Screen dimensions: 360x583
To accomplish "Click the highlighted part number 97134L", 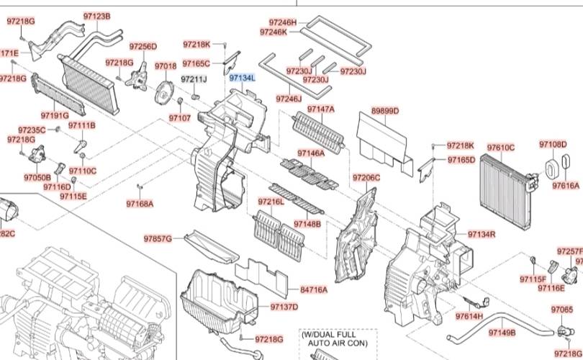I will point(242,76).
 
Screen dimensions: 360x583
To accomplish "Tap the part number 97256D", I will point(143,47).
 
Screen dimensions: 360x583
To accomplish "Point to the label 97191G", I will point(55,115).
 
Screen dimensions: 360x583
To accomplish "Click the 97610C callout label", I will point(501,148).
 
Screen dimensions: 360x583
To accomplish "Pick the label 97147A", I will point(321,109).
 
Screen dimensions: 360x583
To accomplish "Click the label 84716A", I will point(313,290).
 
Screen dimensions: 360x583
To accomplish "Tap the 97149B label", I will point(502,333).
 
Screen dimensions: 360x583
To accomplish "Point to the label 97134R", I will point(482,234).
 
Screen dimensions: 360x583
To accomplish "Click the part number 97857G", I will point(158,238).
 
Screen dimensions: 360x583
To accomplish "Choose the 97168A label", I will point(140,204).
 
